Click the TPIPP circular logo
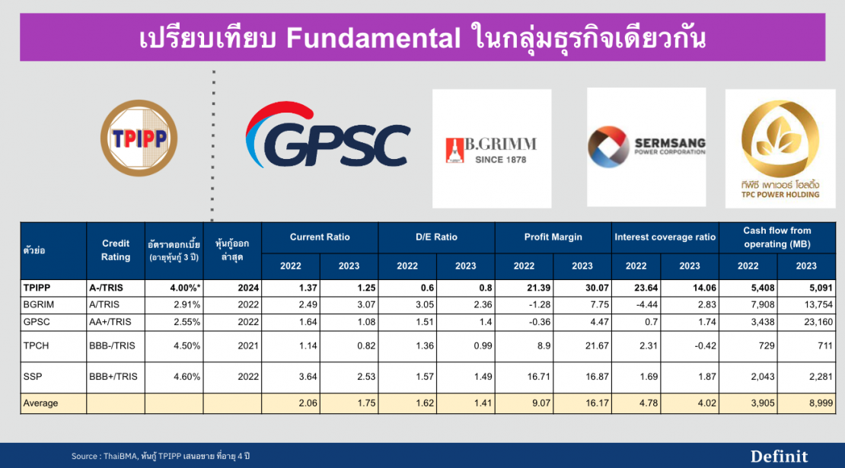tap(139, 139)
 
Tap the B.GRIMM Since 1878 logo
tap(491, 149)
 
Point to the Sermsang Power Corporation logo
tap(646, 147)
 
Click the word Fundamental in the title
tap(373, 37)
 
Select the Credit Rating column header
tap(116, 250)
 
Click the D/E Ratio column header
tap(436, 237)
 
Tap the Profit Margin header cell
tap(553, 237)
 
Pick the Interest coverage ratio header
tap(665, 237)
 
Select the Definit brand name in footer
tap(779, 456)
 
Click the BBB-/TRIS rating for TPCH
tap(113, 345)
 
